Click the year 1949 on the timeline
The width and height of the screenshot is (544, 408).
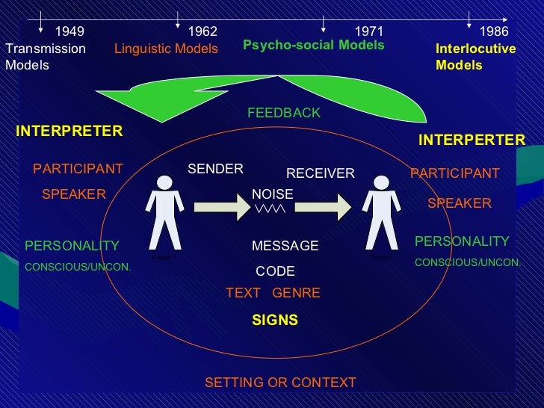[x=69, y=31]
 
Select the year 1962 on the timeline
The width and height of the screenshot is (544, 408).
[x=203, y=31]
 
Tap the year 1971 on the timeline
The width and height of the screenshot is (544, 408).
[x=368, y=31]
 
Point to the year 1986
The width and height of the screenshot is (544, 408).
[x=493, y=31]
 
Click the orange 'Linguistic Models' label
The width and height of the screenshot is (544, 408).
[x=166, y=49]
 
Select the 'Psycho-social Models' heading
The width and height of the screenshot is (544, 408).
[x=313, y=46]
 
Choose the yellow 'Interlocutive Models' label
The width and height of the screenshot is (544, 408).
[x=475, y=57]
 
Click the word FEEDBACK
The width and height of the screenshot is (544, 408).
[x=283, y=113]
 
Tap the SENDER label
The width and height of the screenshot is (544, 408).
[x=215, y=169]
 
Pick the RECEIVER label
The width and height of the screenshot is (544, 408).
[x=320, y=173]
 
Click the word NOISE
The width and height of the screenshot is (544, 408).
[x=272, y=194]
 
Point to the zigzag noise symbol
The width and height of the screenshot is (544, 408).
[x=269, y=209]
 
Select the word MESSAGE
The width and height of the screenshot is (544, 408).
[x=285, y=246]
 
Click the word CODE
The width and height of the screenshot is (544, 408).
[x=275, y=271]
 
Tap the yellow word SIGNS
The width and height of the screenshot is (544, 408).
[x=275, y=320]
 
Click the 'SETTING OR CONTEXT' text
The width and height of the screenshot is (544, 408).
[x=280, y=383]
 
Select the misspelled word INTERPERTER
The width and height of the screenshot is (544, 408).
[x=472, y=140]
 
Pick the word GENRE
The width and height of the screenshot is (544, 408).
[x=296, y=293]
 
